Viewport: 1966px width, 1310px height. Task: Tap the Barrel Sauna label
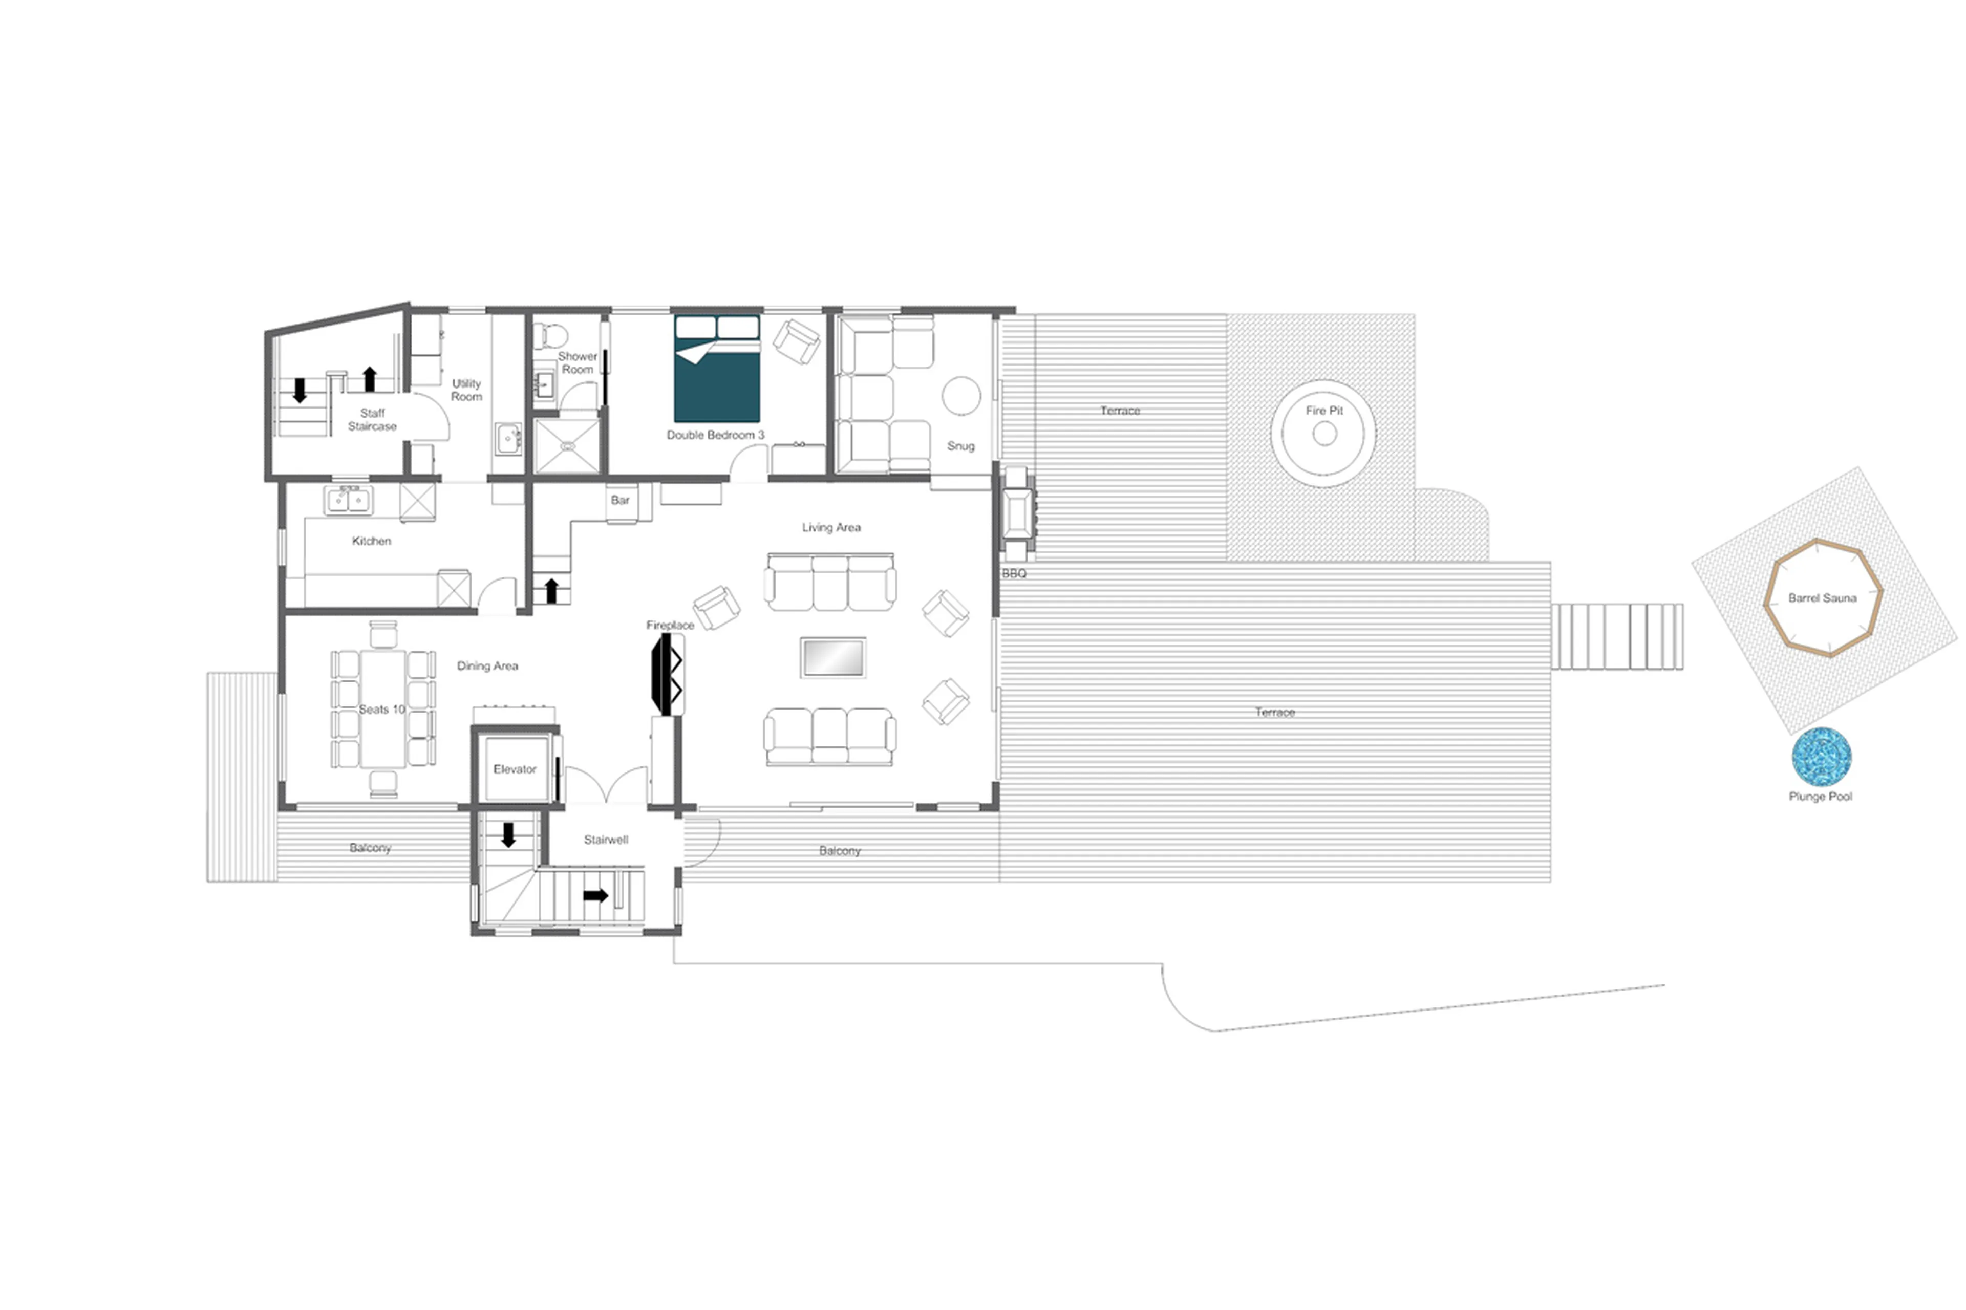pyautogui.click(x=1822, y=598)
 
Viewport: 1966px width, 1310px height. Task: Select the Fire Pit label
pyautogui.click(x=1323, y=410)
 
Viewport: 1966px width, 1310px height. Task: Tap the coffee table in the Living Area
pyautogui.click(x=832, y=657)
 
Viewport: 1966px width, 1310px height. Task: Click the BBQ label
pyautogui.click(x=1014, y=574)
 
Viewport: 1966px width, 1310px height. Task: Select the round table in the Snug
pyautogui.click(x=961, y=395)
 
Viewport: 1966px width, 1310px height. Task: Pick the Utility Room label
pyautogui.click(x=466, y=390)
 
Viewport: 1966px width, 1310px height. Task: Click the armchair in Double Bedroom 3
pyautogui.click(x=796, y=341)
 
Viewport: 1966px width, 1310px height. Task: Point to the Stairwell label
pyautogui.click(x=606, y=840)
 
